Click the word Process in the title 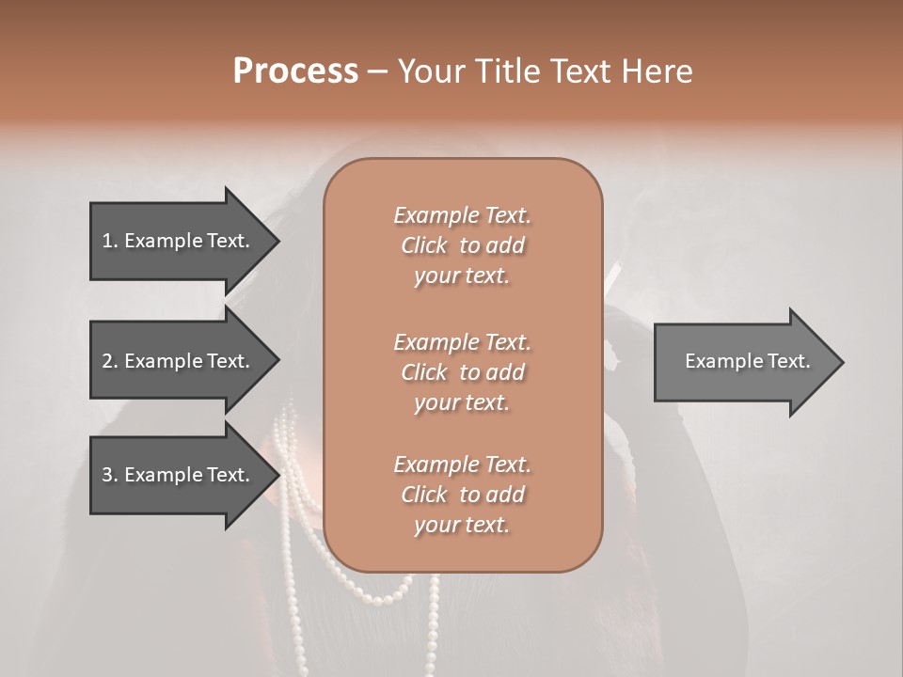click(x=295, y=71)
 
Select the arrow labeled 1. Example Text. click(x=179, y=241)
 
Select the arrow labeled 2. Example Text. click(x=179, y=361)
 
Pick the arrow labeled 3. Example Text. click(x=179, y=475)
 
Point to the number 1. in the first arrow click(x=110, y=241)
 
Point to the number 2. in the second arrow click(x=110, y=361)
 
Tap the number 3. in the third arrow click(x=110, y=475)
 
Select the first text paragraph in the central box click(x=462, y=245)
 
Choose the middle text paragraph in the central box click(x=462, y=372)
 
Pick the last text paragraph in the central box click(x=462, y=495)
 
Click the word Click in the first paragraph click(x=423, y=246)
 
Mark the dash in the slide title click(x=377, y=72)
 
